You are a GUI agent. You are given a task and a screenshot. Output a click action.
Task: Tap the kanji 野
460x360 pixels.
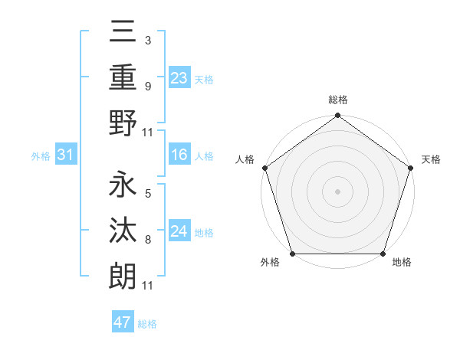[123, 123]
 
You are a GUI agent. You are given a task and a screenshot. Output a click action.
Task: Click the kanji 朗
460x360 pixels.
[123, 275]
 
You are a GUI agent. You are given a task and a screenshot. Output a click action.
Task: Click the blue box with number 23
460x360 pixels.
[179, 77]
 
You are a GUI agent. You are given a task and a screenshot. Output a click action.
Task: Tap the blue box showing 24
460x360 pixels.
[179, 231]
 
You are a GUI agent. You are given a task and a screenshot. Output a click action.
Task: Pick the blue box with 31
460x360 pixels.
[65, 155]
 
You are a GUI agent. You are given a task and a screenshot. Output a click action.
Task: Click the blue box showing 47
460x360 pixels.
[123, 322]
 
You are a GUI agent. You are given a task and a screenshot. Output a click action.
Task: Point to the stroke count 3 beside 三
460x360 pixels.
[147, 39]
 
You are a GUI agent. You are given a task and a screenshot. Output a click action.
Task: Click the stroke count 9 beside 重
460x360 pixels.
[147, 86]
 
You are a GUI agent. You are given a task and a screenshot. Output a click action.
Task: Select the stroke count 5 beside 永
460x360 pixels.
[147, 193]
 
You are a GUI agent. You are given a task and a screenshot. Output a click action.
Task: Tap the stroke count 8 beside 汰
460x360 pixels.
[147, 239]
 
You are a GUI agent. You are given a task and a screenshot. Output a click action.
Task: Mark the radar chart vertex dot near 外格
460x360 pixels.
[292, 254]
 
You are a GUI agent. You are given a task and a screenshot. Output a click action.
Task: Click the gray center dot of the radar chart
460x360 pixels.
[337, 191]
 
